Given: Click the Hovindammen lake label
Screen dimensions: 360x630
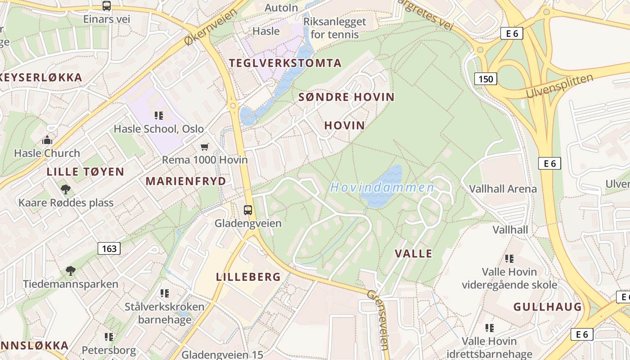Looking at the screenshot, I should click(382, 187).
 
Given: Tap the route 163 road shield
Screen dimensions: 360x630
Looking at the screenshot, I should click(109, 248).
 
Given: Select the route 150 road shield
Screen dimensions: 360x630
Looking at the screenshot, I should click(486, 79).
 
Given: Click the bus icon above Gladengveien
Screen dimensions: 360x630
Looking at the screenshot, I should click(248, 210).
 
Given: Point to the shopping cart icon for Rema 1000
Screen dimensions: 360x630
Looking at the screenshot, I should click(205, 147).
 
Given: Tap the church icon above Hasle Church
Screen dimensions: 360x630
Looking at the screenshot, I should click(47, 140).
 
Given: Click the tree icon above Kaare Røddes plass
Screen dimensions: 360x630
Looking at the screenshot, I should click(66, 189).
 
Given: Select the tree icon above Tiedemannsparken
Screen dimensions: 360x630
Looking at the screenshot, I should click(70, 271).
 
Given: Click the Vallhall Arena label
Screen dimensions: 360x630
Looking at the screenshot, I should click(503, 189).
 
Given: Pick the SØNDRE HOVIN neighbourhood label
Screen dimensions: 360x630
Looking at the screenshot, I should click(346, 97).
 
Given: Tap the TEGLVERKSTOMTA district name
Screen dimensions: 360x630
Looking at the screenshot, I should click(285, 63).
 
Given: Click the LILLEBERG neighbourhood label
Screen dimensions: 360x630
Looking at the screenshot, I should click(248, 277).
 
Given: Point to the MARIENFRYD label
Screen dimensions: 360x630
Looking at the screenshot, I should click(185, 181).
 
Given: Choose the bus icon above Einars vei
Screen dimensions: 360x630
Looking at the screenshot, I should click(107, 6).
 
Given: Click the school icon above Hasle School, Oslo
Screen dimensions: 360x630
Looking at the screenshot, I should click(158, 116).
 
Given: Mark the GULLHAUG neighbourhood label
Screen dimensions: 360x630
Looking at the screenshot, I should click(548, 307).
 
